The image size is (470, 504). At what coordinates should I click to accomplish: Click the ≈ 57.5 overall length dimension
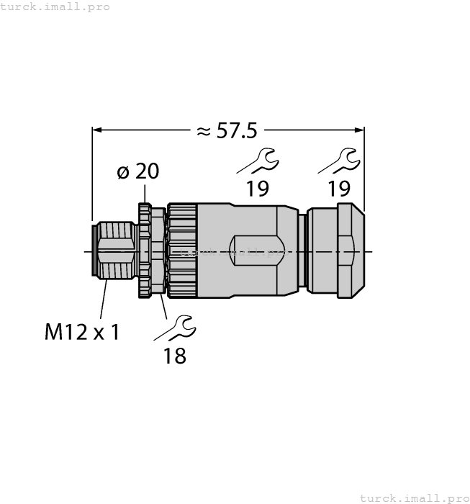tap(227, 131)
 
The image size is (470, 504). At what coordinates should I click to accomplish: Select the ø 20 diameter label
tap(137, 171)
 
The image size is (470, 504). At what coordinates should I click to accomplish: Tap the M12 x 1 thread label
tap(81, 332)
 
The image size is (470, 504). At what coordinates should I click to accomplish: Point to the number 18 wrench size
tap(175, 355)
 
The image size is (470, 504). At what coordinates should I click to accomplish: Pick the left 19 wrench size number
tap(257, 189)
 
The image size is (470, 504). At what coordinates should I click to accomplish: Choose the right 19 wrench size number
tap(338, 189)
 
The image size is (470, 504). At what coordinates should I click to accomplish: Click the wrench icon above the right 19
tap(339, 161)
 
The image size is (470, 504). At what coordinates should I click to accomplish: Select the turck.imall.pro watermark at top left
tap(55, 6)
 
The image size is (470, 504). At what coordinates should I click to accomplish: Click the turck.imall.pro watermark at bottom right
tap(414, 498)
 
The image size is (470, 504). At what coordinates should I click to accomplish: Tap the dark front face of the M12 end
tap(94, 251)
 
